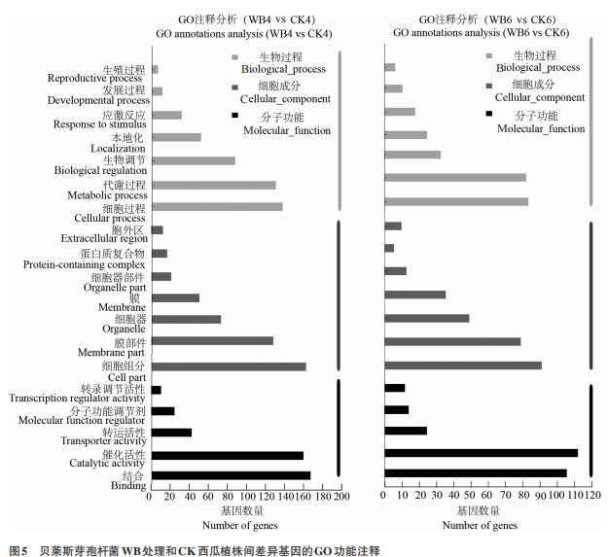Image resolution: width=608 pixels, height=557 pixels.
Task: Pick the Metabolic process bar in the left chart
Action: [214, 185]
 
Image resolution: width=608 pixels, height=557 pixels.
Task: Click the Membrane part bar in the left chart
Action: [212, 341]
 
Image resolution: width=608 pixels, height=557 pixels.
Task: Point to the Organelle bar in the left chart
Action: [186, 319]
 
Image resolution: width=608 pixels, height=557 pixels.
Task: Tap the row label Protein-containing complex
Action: [85, 264]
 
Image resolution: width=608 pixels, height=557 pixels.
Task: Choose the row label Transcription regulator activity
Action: [78, 398]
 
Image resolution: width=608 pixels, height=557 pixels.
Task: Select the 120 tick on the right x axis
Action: [591, 496]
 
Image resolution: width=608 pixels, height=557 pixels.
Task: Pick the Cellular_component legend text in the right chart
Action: [540, 97]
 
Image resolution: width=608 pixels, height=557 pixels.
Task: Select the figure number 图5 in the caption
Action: [18, 550]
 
